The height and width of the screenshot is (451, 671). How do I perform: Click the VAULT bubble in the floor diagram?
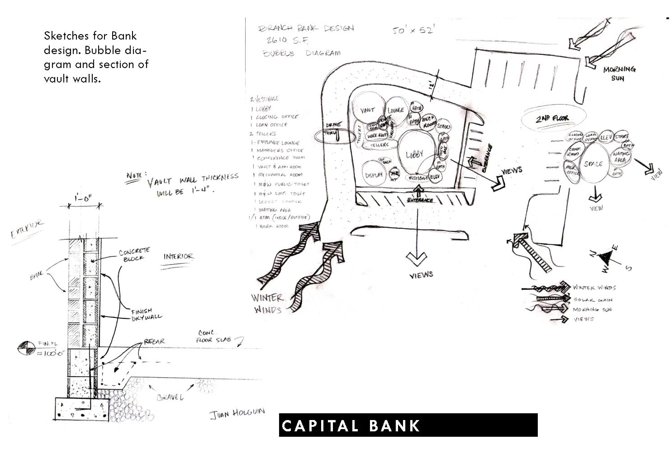tap(368, 109)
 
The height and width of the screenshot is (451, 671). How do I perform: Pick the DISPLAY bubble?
tap(374, 174)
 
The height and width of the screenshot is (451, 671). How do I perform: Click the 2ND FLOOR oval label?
tap(553, 118)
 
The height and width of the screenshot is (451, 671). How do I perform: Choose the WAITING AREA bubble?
tap(620, 157)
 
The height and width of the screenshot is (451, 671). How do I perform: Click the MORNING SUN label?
tap(619, 73)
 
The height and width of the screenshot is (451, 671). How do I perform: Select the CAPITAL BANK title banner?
tap(408, 425)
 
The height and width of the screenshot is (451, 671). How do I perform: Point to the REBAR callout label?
tap(154, 341)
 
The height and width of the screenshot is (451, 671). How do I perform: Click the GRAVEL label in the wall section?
tap(170, 397)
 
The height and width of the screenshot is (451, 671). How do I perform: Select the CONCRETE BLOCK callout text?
tap(134, 255)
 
